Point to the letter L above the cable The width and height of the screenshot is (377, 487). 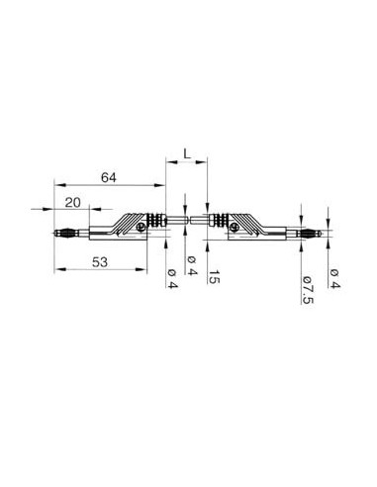coord(186,155)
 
